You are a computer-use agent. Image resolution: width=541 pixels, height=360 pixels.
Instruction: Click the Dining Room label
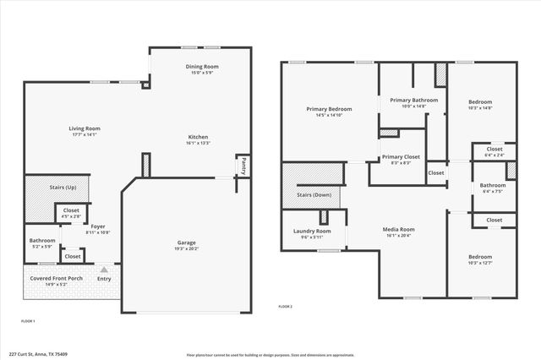click(x=202, y=66)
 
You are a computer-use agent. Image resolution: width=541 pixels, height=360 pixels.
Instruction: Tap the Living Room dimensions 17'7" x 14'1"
click(x=84, y=134)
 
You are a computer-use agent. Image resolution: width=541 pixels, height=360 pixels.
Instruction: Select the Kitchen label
click(x=198, y=137)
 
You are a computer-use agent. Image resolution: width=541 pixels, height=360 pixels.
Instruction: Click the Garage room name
click(x=186, y=243)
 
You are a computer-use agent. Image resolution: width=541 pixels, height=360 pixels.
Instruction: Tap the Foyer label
click(x=98, y=226)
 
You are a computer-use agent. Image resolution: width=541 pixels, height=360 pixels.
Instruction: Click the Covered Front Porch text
click(x=57, y=278)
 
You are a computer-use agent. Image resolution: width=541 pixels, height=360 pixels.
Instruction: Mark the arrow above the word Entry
click(x=104, y=270)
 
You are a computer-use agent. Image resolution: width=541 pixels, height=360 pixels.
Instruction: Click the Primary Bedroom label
click(x=329, y=109)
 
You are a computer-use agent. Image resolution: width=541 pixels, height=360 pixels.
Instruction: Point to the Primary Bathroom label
click(x=413, y=100)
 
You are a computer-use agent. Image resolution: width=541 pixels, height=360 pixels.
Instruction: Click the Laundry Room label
click(x=312, y=231)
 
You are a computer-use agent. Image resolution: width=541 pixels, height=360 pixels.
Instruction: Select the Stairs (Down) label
click(x=314, y=195)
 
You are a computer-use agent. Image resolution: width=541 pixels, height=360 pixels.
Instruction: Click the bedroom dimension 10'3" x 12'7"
click(x=479, y=263)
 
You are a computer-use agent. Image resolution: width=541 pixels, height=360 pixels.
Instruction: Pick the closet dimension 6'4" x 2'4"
click(x=495, y=155)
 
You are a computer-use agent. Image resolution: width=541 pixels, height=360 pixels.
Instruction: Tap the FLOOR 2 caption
click(x=285, y=307)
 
